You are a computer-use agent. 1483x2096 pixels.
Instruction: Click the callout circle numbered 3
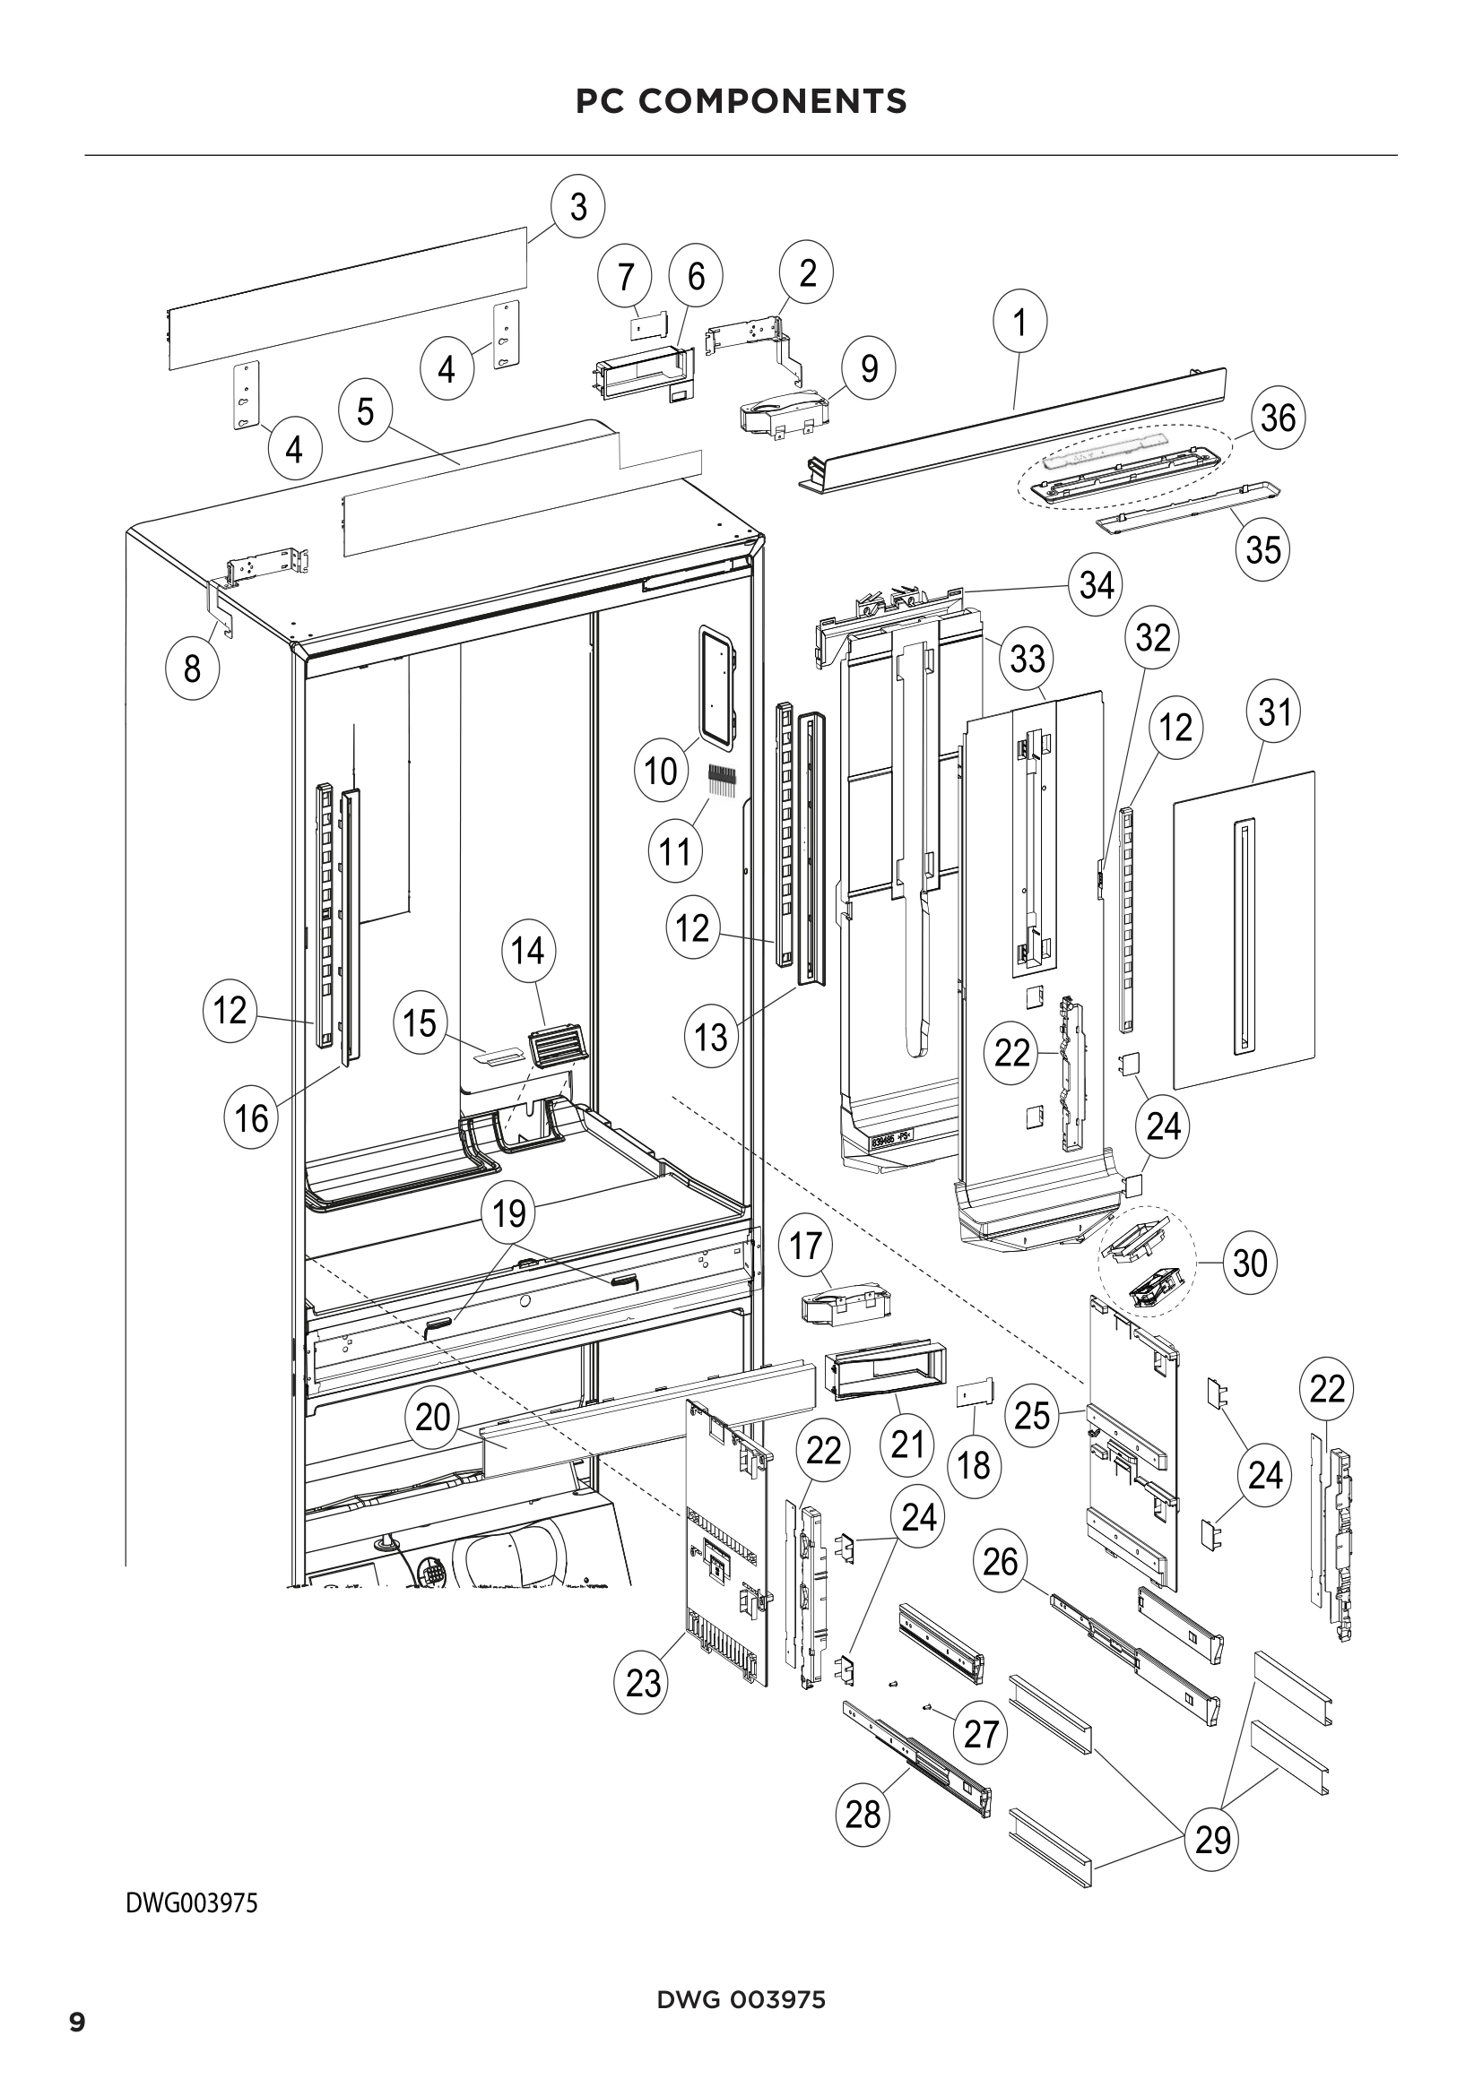pos(578,207)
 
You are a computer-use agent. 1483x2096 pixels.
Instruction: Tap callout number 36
pos(1278,418)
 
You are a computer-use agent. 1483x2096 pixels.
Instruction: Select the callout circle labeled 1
pos(1020,323)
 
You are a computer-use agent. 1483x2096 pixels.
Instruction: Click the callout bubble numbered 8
pos(192,669)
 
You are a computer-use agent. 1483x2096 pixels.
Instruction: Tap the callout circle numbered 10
pos(660,772)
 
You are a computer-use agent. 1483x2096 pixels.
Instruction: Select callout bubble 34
pos(1096,584)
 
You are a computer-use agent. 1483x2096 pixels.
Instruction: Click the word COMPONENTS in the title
pos(773,101)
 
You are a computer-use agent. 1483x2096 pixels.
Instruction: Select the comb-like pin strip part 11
pos(722,779)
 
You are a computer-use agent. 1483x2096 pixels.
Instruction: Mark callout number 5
pos(364,411)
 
